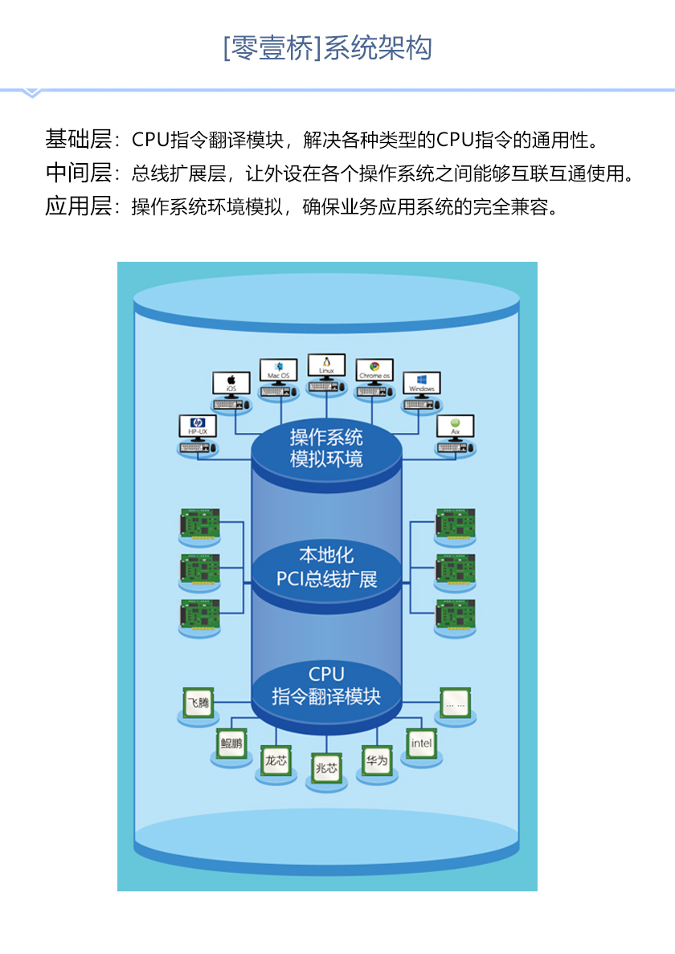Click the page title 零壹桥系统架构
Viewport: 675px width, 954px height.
tap(327, 47)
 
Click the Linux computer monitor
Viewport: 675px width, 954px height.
tap(326, 366)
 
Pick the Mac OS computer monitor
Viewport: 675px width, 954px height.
tap(279, 371)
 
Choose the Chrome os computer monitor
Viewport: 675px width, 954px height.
tap(374, 371)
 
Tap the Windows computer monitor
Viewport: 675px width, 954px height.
tap(421, 383)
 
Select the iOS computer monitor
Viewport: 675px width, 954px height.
tap(231, 383)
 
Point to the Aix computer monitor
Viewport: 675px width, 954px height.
tap(455, 426)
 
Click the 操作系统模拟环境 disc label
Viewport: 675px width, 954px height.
tap(326, 448)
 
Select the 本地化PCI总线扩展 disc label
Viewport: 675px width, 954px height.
tap(326, 567)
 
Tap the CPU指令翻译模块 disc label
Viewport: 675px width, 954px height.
tap(326, 685)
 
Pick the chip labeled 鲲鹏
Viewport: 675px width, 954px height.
tap(231, 742)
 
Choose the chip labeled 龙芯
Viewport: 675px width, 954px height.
tap(276, 760)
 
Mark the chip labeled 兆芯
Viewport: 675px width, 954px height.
tap(327, 768)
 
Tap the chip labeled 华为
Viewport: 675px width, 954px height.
tap(376, 759)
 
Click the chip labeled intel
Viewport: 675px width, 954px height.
tap(421, 743)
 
